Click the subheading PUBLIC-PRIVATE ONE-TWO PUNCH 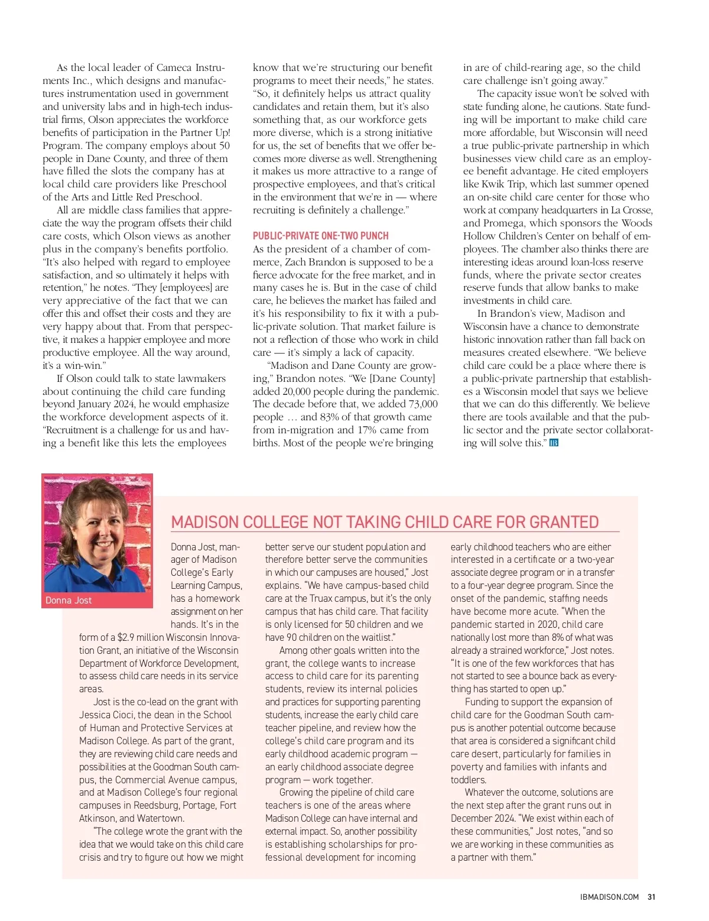320,235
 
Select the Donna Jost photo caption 69,600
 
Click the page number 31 651,897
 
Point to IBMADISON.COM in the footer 609,897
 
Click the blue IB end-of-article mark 554,443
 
